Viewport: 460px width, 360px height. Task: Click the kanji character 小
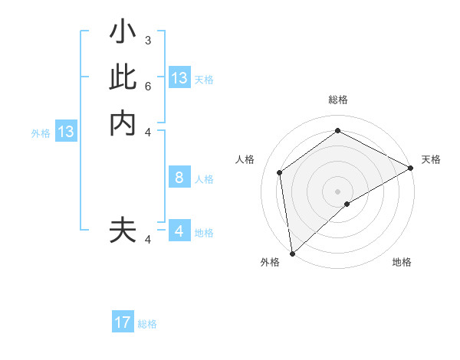[x=123, y=34]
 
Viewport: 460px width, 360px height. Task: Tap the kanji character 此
[x=123, y=78]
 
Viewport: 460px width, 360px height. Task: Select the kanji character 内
[x=123, y=123]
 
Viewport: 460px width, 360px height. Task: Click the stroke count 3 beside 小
[x=148, y=40]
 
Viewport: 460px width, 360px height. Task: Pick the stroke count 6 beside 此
[x=148, y=86]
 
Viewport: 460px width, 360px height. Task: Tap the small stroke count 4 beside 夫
[x=148, y=240]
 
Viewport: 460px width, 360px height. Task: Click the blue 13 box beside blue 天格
[x=179, y=78]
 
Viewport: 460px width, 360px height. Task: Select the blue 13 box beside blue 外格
[x=66, y=132]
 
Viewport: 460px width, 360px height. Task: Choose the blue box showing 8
[x=179, y=178]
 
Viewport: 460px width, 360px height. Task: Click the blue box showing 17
[x=123, y=322]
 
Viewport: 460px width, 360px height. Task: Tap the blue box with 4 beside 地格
[x=179, y=231]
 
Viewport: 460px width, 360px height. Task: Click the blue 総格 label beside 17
[x=147, y=324]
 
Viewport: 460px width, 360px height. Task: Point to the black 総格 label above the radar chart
[x=338, y=100]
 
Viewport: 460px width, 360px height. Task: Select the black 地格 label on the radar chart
[x=402, y=262]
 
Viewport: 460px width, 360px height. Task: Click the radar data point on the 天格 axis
[x=411, y=169]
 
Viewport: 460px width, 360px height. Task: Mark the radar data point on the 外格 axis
[x=292, y=253]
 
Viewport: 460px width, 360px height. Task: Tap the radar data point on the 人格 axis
[x=280, y=172]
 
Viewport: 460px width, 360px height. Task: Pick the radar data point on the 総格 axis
[x=337, y=130]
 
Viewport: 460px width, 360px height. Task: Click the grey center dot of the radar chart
[x=337, y=191]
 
